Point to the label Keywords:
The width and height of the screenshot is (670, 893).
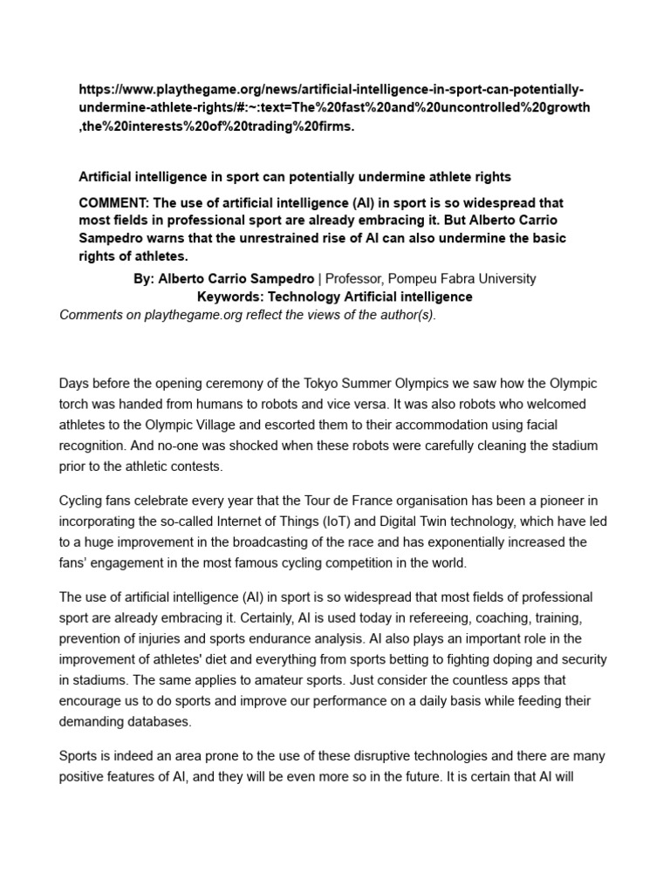pos(232,297)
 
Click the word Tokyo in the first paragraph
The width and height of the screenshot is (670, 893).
pos(403,384)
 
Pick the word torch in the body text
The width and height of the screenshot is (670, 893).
pos(76,405)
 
